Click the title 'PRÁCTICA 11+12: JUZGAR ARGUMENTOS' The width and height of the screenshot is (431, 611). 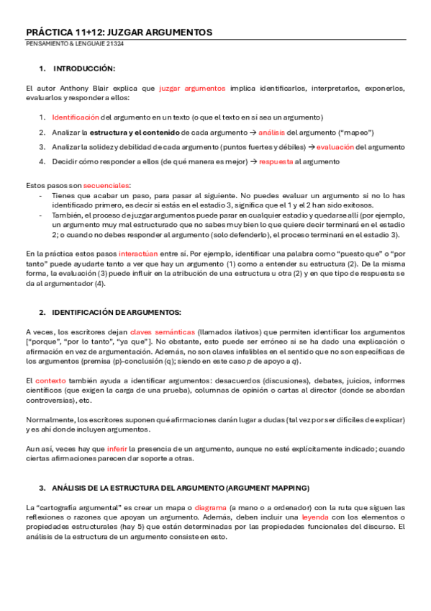coord(119,32)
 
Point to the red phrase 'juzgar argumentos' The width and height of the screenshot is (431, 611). coord(191,89)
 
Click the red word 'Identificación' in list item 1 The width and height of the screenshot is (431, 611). coord(76,117)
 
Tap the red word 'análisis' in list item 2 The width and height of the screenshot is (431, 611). coord(271,133)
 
